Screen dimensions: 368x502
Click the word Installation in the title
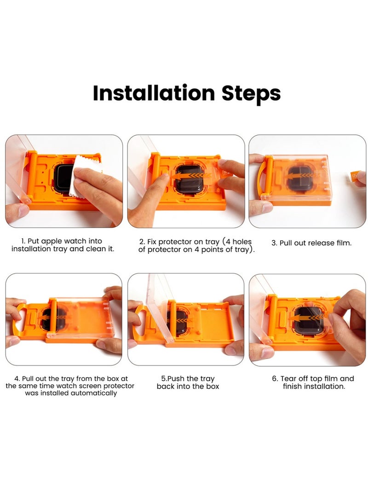click(x=154, y=93)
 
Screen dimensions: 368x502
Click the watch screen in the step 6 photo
click(x=309, y=320)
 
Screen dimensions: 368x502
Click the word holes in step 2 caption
click(x=242, y=242)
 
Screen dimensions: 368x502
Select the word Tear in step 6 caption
click(x=287, y=378)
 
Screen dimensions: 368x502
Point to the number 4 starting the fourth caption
click(x=17, y=379)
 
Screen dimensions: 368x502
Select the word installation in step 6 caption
click(x=324, y=387)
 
